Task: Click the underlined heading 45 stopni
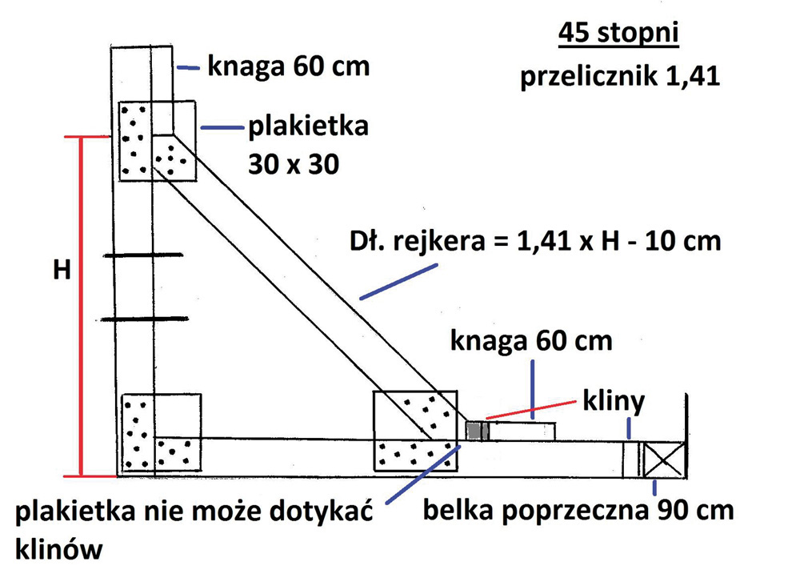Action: click(618, 34)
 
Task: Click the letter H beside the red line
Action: click(62, 269)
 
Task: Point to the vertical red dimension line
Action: click(81, 307)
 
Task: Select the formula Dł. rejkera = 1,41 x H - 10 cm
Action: click(535, 241)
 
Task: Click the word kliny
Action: click(614, 402)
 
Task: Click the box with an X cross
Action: click(662, 460)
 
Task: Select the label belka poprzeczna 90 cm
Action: click(578, 510)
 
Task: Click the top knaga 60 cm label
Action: click(288, 66)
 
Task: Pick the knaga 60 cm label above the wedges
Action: click(531, 340)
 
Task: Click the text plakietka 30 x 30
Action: click(308, 145)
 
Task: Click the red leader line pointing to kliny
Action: click(531, 410)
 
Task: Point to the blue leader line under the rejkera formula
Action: click(398, 281)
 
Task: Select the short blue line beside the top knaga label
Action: click(188, 67)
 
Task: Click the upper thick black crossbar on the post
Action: click(143, 255)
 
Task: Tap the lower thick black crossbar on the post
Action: click(145, 319)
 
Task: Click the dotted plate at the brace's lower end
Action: click(415, 431)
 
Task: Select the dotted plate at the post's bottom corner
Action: click(162, 432)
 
